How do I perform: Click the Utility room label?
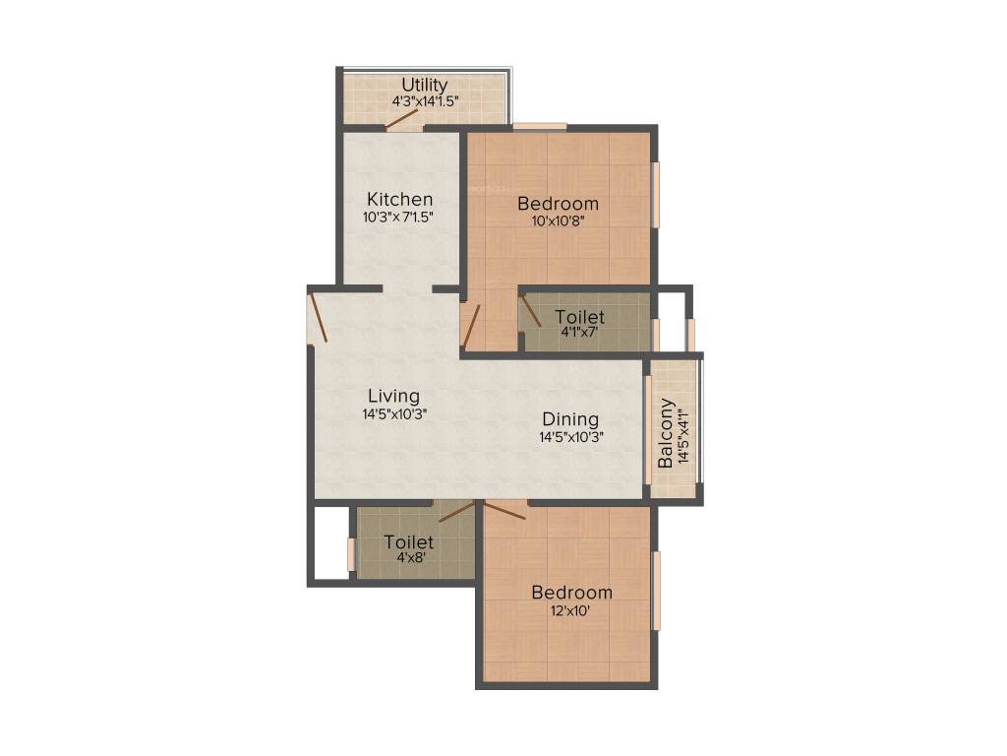click(x=425, y=85)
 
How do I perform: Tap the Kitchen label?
click(x=399, y=199)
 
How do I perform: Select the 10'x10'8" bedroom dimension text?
click(x=558, y=220)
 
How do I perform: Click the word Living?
click(x=393, y=397)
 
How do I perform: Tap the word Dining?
click(x=570, y=419)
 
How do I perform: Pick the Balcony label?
click(x=666, y=433)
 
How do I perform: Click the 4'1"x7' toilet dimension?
click(x=579, y=333)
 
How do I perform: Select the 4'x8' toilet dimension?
click(x=409, y=558)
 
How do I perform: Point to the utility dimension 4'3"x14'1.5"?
click(x=425, y=100)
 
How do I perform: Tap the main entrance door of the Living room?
click(x=316, y=317)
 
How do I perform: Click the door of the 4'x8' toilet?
click(x=455, y=510)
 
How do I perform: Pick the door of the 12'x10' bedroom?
click(x=505, y=508)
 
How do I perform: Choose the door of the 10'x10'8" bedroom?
click(x=471, y=327)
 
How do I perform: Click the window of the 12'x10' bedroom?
click(x=656, y=591)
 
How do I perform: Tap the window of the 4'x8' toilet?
click(x=350, y=554)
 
